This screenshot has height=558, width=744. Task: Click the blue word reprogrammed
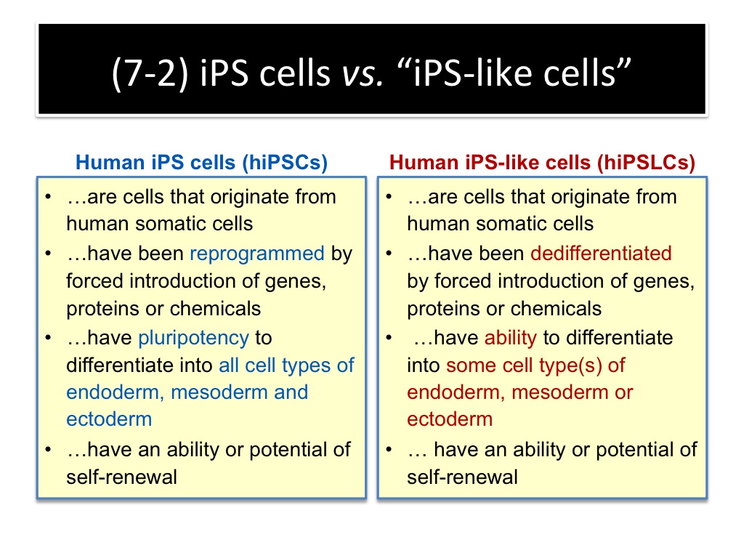[257, 254]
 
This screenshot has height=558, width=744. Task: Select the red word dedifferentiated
[601, 254]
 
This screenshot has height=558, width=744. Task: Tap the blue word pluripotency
[193, 339]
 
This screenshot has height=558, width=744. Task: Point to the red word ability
[511, 339]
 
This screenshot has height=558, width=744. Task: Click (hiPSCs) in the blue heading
[285, 163]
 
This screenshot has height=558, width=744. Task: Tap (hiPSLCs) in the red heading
[646, 163]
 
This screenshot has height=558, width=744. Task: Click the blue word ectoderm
[109, 419]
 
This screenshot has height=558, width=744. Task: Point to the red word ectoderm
[450, 419]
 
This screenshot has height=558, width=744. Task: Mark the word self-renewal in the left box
[121, 477]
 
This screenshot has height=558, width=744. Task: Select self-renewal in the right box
[462, 477]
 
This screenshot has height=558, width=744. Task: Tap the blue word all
[229, 365]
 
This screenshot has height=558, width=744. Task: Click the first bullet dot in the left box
[48, 197]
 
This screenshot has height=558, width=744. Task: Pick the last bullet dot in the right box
[389, 449]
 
